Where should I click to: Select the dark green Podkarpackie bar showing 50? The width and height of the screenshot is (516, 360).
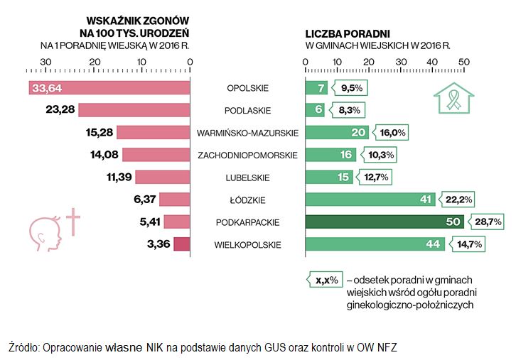click(384, 222)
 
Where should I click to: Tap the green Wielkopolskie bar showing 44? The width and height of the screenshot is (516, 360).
click(375, 245)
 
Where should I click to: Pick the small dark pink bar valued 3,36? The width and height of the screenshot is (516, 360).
click(182, 245)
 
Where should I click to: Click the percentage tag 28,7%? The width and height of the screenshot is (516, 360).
click(488, 222)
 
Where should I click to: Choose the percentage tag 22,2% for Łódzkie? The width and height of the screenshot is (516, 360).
click(459, 200)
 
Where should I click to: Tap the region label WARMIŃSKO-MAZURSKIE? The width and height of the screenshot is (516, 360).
click(247, 133)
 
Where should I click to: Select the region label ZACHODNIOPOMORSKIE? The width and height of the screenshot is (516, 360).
click(247, 155)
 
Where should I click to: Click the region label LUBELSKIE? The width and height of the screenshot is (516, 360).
click(247, 178)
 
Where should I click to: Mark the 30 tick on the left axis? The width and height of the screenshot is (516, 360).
click(46, 62)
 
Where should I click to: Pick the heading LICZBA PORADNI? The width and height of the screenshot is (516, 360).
click(348, 33)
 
